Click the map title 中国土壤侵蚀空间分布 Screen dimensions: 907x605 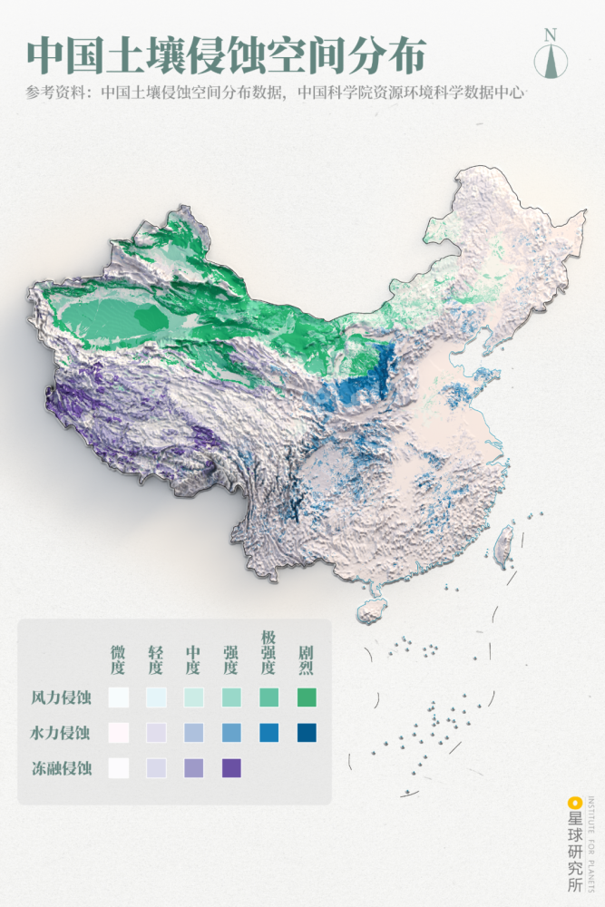[225, 55]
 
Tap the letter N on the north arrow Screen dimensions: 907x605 [551, 34]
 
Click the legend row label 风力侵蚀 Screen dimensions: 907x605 [61, 697]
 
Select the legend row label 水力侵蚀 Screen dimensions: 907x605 [61, 733]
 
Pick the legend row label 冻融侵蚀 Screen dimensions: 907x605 [61, 768]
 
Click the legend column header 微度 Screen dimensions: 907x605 [118, 660]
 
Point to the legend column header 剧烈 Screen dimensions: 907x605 [307, 660]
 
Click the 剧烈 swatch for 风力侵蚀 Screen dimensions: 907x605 [307, 697]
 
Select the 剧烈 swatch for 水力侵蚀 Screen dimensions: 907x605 [307, 733]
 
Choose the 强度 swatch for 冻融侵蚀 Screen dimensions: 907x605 [231, 768]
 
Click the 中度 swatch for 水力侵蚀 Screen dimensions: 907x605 [193, 733]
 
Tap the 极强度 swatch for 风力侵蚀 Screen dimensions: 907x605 [268, 697]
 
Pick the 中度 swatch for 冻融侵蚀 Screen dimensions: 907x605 [193, 768]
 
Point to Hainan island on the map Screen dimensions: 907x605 [371, 610]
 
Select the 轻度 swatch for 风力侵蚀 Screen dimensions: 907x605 [155, 697]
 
